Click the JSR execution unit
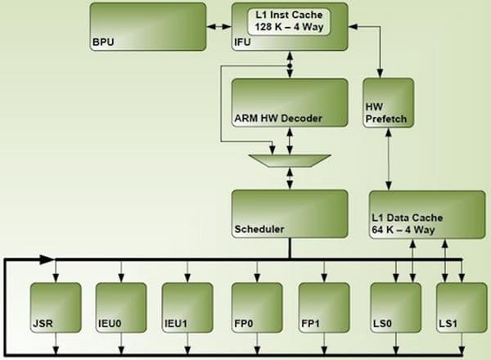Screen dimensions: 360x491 click(55, 307)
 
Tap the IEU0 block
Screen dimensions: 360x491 click(121, 307)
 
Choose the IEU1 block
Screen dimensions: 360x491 click(187, 307)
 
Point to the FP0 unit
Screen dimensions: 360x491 click(258, 307)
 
